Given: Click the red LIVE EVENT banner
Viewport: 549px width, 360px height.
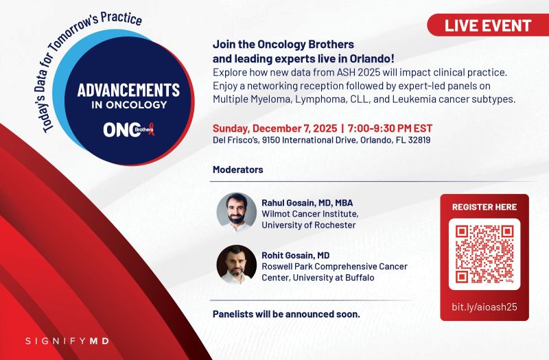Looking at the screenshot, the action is tap(488, 25).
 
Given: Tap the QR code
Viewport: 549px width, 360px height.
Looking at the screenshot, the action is tap(484, 254).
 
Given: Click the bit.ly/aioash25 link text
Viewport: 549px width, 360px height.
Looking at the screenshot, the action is tap(484, 307).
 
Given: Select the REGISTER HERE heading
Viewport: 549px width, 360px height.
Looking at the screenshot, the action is tap(484, 207).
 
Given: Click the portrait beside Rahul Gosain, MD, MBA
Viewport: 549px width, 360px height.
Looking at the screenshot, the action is tap(236, 212).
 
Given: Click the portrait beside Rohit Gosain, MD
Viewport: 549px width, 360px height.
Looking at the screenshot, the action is tap(236, 265).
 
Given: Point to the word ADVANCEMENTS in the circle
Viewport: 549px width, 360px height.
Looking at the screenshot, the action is tap(128, 90).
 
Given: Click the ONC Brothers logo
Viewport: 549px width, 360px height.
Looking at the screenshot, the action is tap(128, 130).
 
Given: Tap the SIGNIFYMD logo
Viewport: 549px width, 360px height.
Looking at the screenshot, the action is tap(67, 341).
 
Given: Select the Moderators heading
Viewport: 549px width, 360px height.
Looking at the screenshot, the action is tap(237, 169).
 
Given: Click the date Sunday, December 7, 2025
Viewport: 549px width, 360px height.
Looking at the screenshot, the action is tap(275, 128).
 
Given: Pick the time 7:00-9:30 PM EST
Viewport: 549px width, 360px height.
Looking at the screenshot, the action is tap(390, 128).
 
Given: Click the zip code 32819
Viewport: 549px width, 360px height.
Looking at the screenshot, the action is tap(419, 141).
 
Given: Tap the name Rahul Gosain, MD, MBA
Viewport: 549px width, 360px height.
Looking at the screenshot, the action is tap(307, 203).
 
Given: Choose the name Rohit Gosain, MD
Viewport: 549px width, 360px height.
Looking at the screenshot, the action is tap(296, 255).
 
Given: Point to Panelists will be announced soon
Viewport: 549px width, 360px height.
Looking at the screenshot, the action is tap(286, 314).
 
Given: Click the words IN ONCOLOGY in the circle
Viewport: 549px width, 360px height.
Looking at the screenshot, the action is tap(129, 105).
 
